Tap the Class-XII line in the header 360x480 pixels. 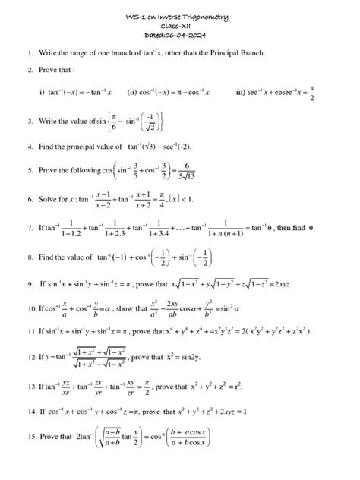click(180, 27)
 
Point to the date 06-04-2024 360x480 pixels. click(194, 36)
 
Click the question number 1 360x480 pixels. click(29, 54)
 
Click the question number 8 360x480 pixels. click(29, 257)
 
